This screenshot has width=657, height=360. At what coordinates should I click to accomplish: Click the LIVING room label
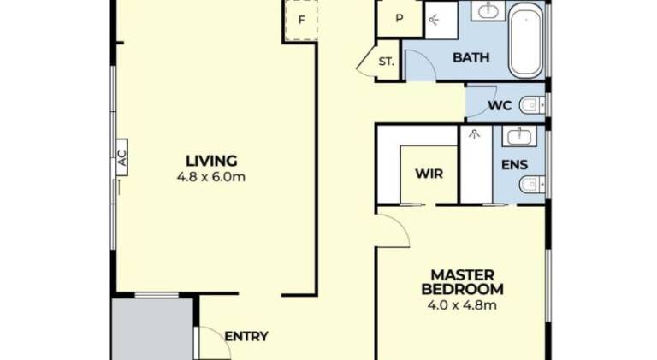[x=211, y=161]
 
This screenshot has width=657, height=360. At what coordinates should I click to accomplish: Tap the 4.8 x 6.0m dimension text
[x=211, y=177]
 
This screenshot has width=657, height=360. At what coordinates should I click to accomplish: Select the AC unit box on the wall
[x=121, y=157]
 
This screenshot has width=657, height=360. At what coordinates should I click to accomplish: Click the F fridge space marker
[x=301, y=20]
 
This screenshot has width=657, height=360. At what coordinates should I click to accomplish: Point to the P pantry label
[x=400, y=19]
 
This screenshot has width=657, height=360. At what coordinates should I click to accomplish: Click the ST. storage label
[x=387, y=62]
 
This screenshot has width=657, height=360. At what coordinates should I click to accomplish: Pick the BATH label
[x=471, y=57]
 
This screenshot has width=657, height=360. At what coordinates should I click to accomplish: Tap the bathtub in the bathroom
[x=526, y=42]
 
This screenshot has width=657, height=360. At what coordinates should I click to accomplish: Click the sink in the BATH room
[x=488, y=10]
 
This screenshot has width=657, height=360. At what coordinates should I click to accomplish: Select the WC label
[x=500, y=105]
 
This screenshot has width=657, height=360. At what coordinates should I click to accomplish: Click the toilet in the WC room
[x=532, y=105]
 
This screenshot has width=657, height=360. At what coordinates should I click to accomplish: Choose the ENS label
[x=514, y=165]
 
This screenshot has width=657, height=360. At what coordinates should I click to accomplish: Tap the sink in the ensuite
[x=519, y=136]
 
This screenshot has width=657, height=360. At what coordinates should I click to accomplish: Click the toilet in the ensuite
[x=532, y=184]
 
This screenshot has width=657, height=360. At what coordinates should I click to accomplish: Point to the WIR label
[x=429, y=174]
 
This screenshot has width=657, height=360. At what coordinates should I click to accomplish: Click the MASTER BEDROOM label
[x=463, y=282]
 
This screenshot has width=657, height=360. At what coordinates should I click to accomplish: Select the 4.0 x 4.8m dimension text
[x=462, y=305]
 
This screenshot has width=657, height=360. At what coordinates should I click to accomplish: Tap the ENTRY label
[x=246, y=337]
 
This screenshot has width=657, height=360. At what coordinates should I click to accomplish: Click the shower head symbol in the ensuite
[x=474, y=134]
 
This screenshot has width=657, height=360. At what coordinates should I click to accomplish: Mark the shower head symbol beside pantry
[x=433, y=19]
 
